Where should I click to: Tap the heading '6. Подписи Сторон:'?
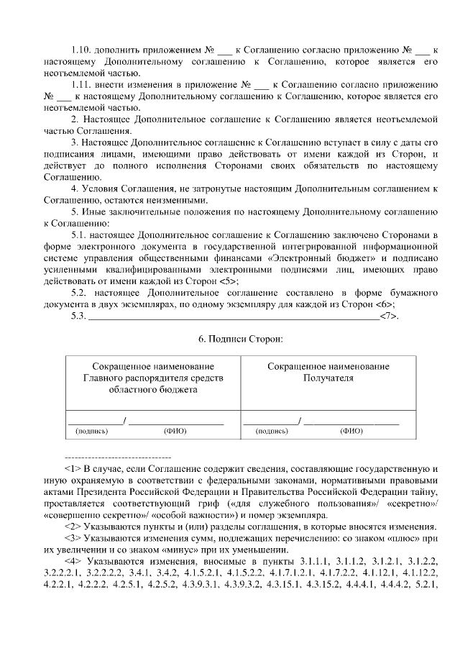tap(229, 338)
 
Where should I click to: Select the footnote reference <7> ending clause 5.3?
tap(389, 316)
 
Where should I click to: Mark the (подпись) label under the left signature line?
tap(92, 432)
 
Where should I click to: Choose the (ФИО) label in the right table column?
tap(351, 432)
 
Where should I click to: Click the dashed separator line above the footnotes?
tap(118, 457)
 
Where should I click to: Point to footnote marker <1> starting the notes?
tap(73, 468)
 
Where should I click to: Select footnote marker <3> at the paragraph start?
tap(73, 537)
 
